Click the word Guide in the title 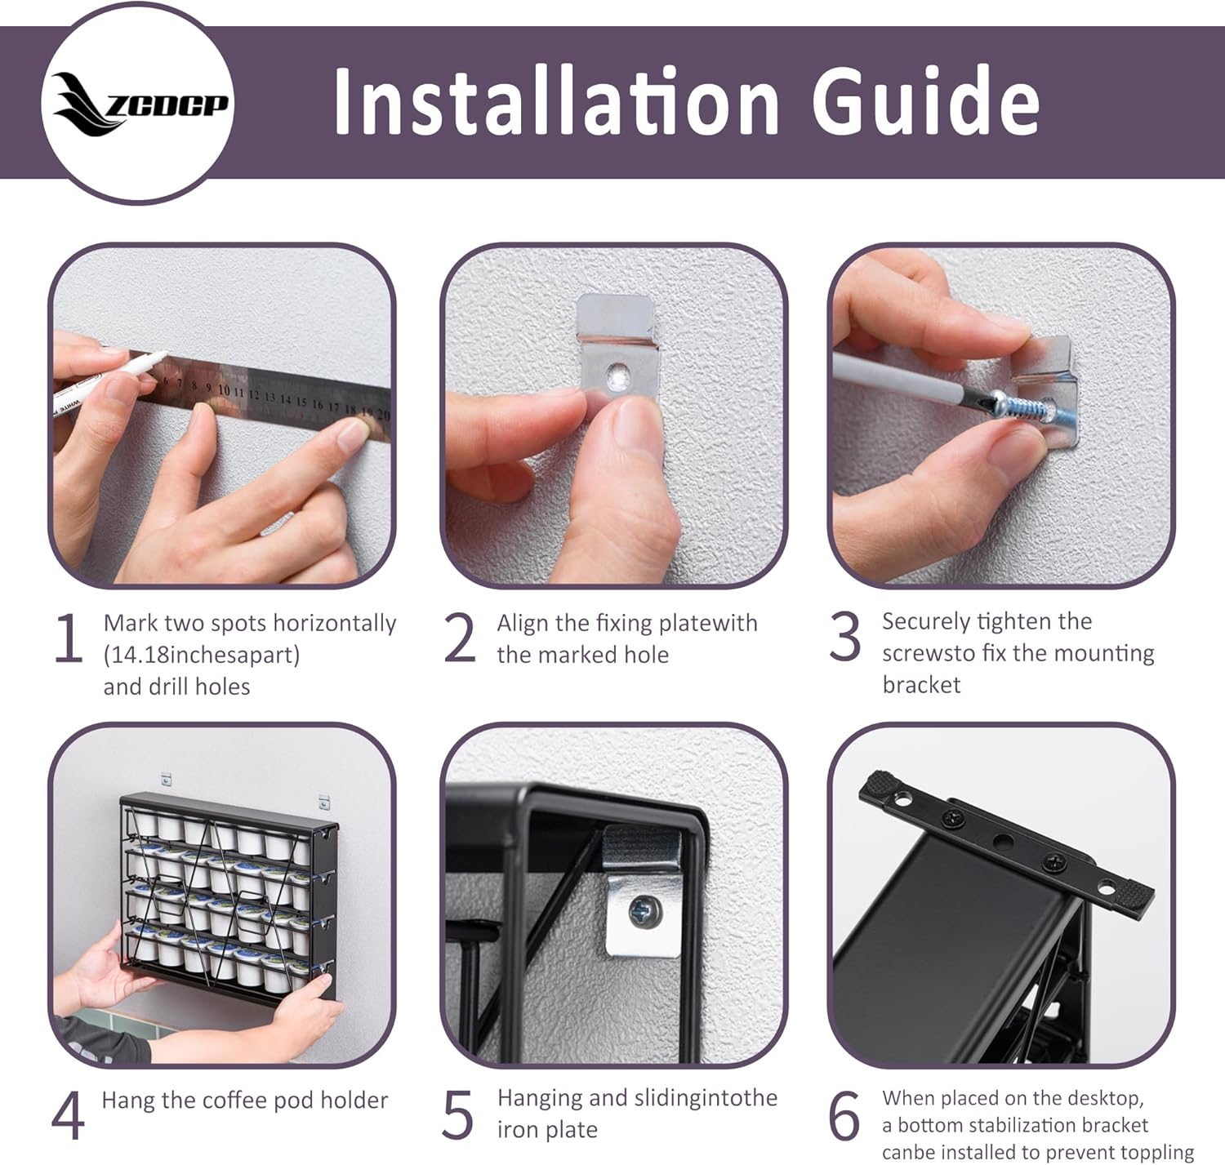click(926, 101)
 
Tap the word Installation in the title click(556, 101)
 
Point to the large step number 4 click(67, 1114)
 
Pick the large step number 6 click(844, 1114)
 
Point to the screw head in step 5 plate click(644, 912)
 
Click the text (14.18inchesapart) click(201, 655)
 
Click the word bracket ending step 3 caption click(921, 685)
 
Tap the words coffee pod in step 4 click(261, 1101)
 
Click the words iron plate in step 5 click(547, 1130)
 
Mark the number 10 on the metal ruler click(224, 390)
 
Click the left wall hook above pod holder click(165, 780)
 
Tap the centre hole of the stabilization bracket click(1003, 843)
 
